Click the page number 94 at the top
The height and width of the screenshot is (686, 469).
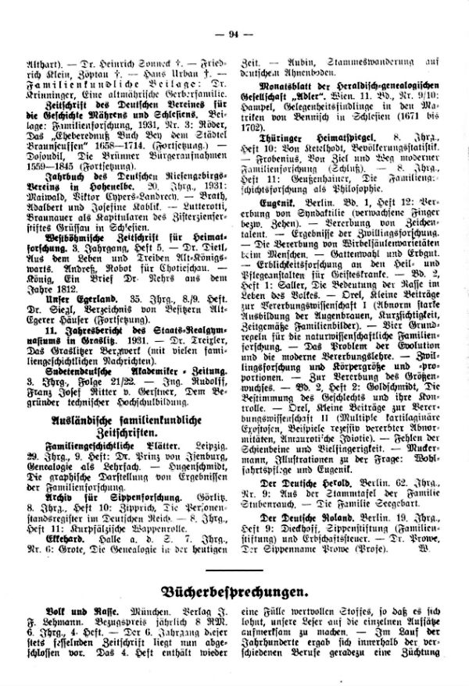coord(234,10)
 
